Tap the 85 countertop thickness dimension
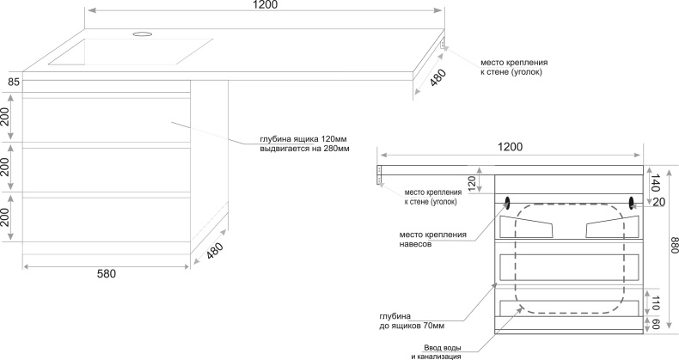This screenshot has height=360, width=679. (x=13, y=82)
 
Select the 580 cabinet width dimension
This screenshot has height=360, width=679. (x=106, y=274)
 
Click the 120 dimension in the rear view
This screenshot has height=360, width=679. (x=471, y=183)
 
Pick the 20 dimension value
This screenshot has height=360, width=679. (x=659, y=203)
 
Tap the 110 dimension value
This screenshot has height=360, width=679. (x=657, y=302)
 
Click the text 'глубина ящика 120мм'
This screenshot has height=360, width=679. (x=303, y=139)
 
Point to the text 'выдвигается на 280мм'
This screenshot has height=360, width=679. (x=304, y=149)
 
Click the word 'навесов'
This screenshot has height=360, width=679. (x=414, y=244)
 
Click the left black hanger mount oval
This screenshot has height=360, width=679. (x=506, y=204)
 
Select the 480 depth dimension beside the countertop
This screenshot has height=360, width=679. (x=437, y=80)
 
